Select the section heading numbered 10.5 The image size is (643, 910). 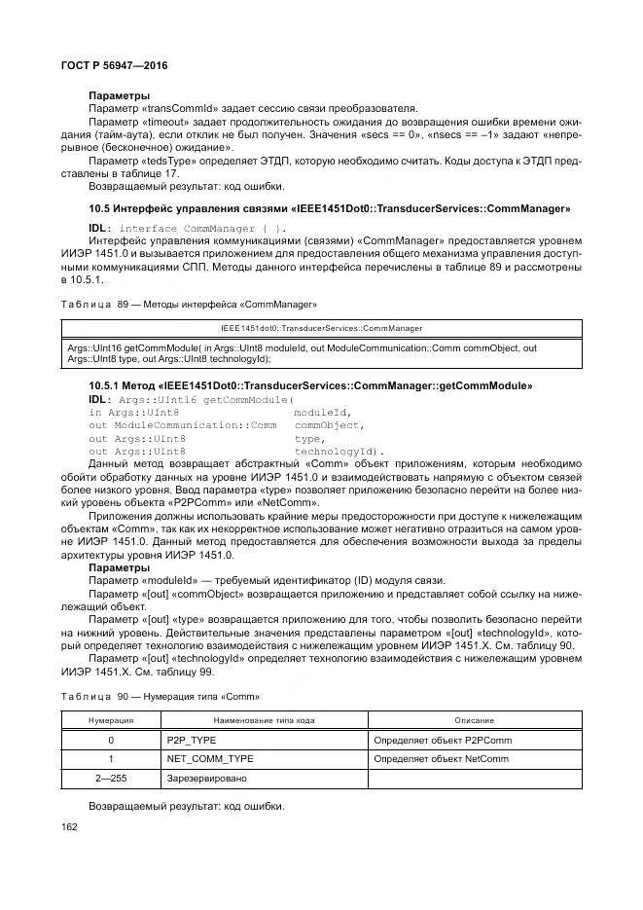point(329,209)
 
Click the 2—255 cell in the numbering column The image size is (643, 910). point(111,779)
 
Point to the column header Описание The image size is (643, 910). point(473,720)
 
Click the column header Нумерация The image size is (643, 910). point(111,720)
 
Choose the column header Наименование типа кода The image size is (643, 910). point(263,720)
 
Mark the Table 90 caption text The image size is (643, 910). point(161,698)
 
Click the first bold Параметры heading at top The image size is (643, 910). point(119,95)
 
